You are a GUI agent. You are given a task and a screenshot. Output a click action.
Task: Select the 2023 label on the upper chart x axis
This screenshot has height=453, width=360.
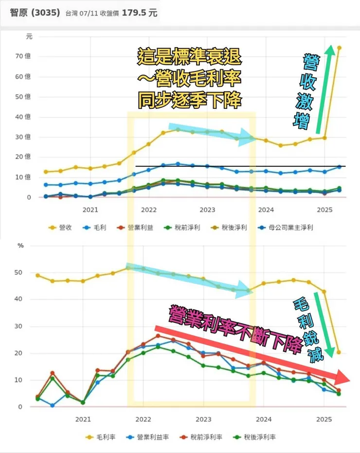pos(207,210)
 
